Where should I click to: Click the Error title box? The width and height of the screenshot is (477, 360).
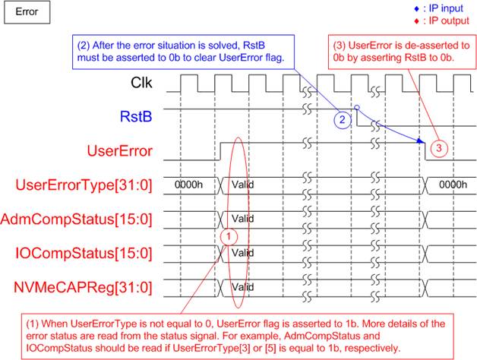tap(27, 12)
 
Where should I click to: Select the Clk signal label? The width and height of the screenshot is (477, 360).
tap(141, 83)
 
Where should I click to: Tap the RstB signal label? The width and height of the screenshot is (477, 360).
tap(136, 116)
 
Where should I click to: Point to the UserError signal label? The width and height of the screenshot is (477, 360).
tap(119, 150)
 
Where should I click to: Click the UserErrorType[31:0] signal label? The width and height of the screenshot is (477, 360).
tap(84, 185)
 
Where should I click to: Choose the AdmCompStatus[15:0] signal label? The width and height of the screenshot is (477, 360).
tap(76, 219)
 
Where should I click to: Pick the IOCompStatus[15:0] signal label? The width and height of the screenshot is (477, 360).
tap(84, 254)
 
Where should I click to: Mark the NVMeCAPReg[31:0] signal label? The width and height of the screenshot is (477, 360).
tap(83, 288)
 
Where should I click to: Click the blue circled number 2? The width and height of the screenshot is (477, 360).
tap(343, 119)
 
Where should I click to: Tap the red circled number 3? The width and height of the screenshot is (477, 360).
tap(439, 148)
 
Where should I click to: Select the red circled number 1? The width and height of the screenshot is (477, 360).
tap(229, 236)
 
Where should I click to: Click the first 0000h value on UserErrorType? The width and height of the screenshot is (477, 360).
tap(188, 185)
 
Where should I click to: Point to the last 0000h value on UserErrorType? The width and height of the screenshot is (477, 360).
tap(453, 185)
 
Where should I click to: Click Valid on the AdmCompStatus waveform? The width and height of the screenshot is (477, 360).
tap(243, 219)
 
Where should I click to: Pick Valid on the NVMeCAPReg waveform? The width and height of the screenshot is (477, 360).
tap(243, 287)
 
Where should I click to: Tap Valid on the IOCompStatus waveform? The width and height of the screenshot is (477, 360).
tap(243, 253)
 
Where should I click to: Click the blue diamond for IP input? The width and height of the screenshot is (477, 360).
tap(417, 9)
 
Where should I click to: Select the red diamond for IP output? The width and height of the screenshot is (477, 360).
tap(417, 21)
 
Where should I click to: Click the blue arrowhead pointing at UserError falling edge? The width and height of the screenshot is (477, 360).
tap(421, 141)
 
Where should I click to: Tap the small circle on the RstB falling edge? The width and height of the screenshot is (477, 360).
tap(357, 107)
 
